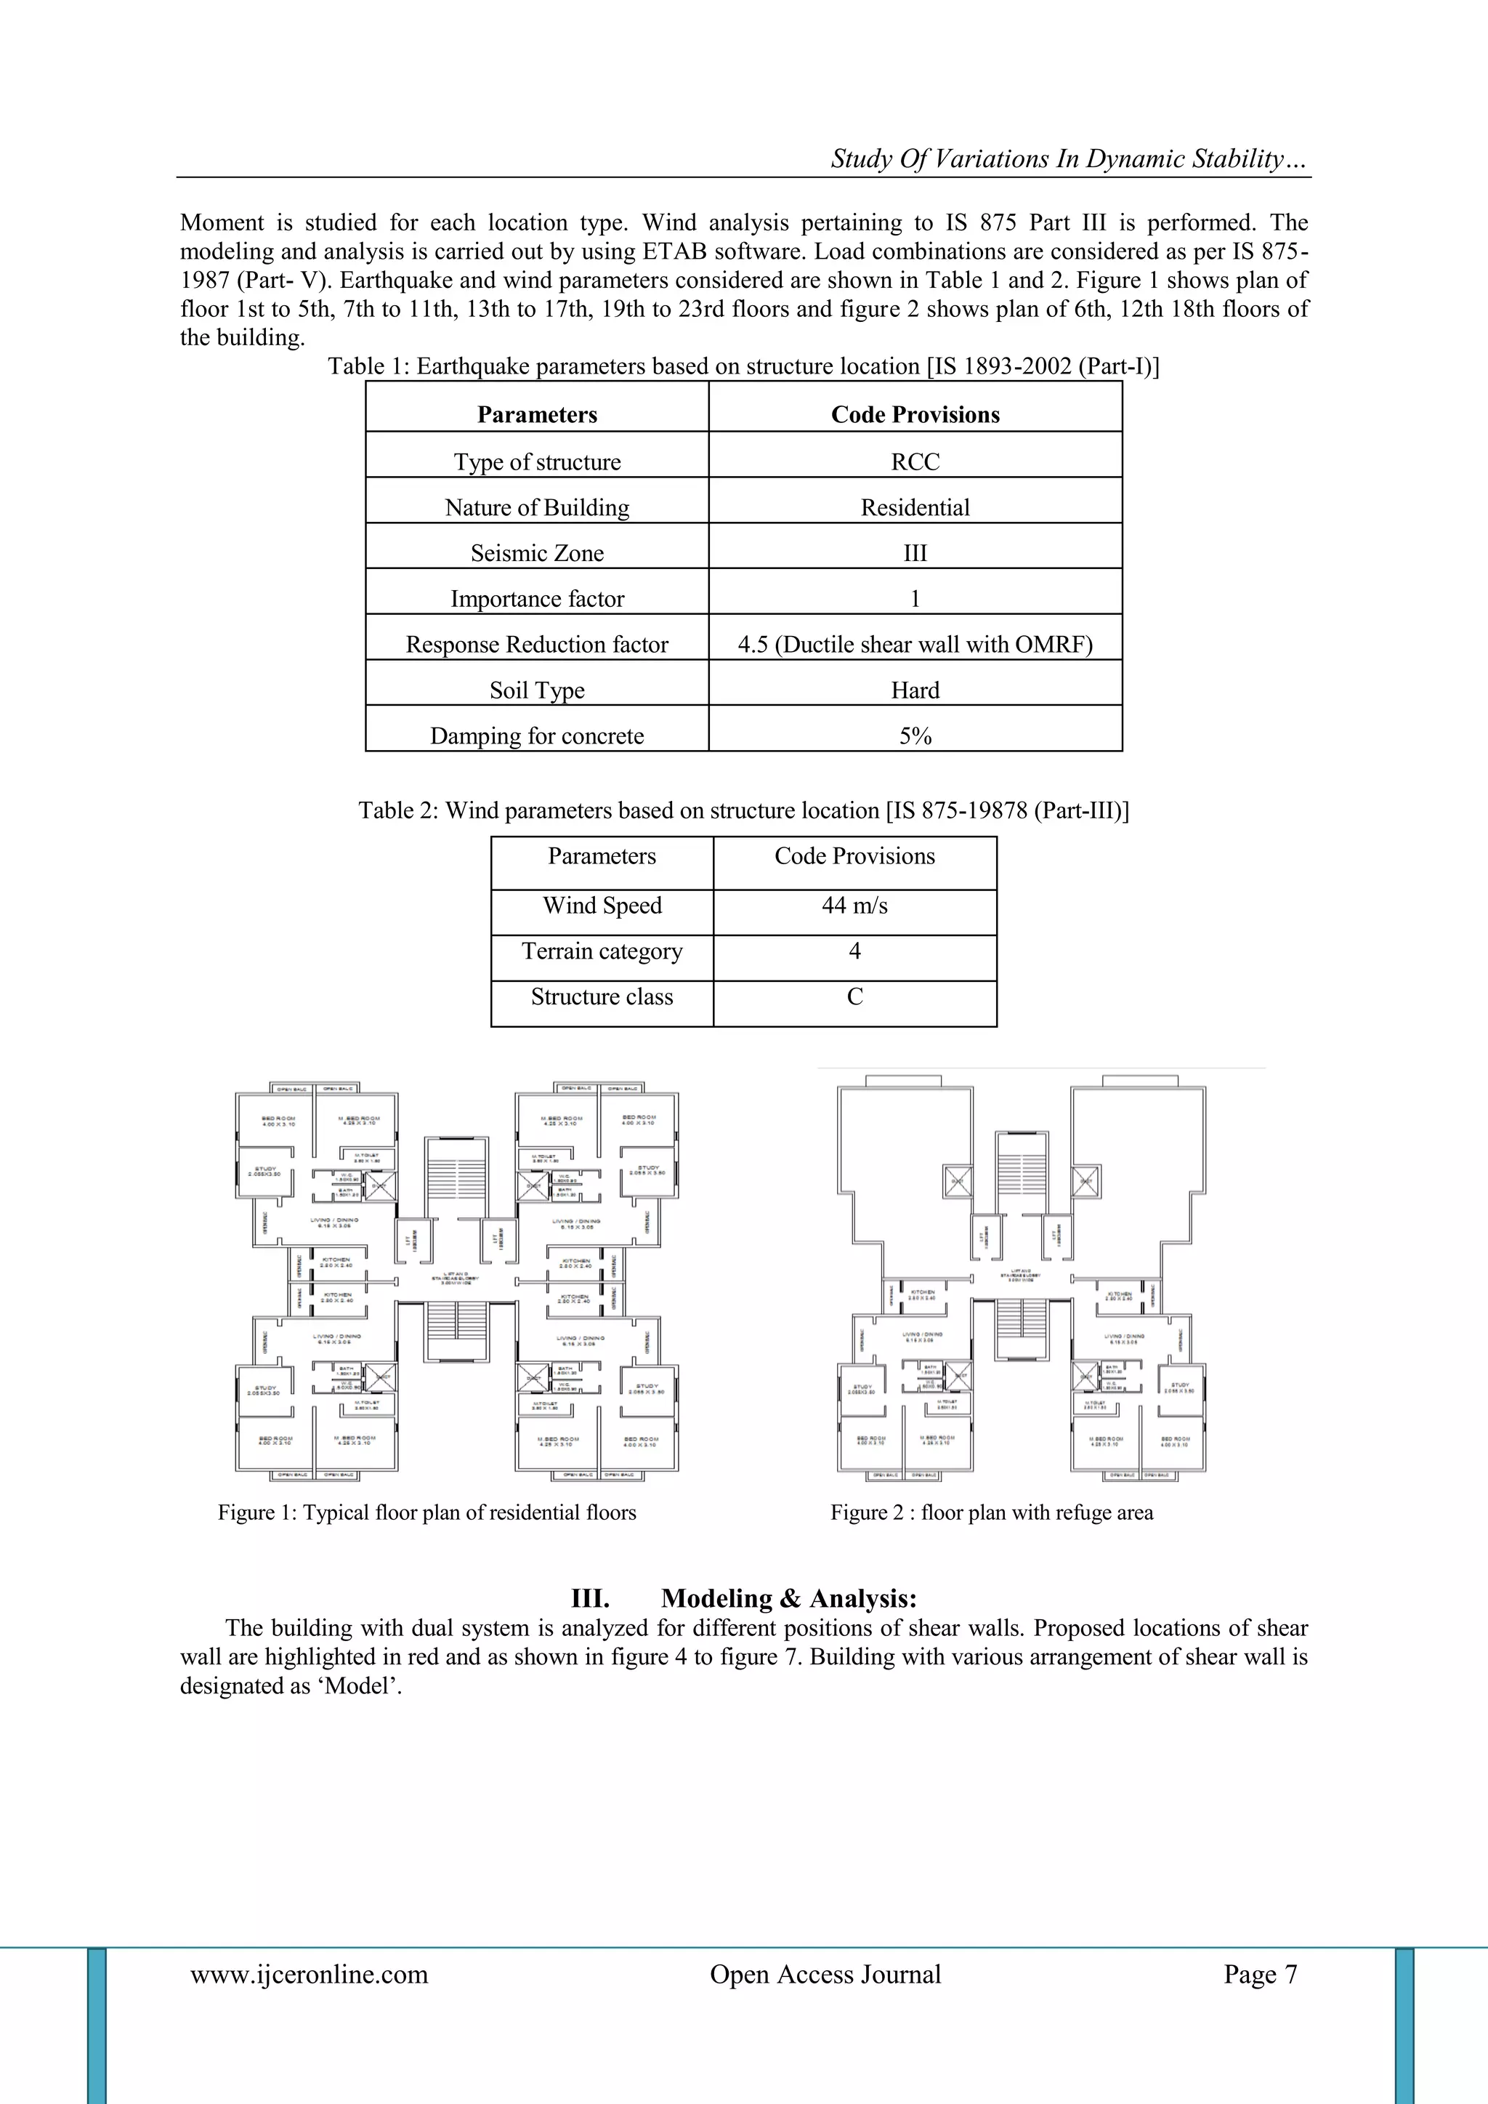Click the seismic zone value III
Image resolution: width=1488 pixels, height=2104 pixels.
[x=915, y=554]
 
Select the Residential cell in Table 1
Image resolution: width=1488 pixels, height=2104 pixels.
[x=915, y=508]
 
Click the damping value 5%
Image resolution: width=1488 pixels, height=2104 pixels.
[x=915, y=735]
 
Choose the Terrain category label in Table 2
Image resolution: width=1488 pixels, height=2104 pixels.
[x=602, y=951]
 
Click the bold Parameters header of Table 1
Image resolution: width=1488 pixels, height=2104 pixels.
[x=537, y=415]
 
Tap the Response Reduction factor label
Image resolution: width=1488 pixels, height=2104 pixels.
[x=537, y=645]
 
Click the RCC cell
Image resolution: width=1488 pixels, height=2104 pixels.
[x=915, y=461]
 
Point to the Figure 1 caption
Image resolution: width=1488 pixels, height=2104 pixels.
[x=427, y=1513]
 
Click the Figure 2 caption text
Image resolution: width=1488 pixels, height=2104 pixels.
[x=991, y=1513]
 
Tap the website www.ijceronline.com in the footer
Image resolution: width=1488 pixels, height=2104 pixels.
[x=309, y=1974]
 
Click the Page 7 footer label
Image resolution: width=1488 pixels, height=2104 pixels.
[x=1260, y=1974]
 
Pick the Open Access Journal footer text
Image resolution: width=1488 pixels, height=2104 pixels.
[x=825, y=1974]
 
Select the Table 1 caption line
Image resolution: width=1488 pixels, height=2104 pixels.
[x=743, y=366]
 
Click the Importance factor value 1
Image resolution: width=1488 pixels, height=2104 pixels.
[x=915, y=600]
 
